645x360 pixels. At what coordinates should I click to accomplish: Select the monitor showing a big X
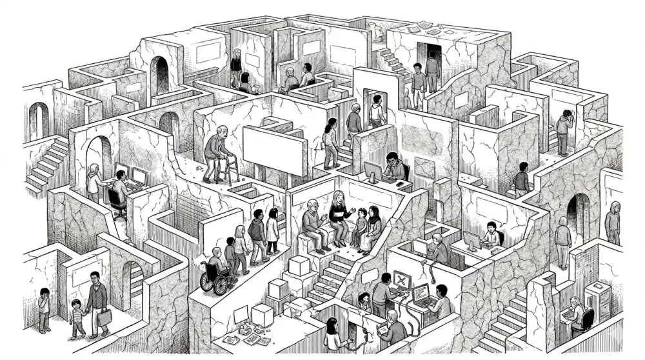[x=402, y=280]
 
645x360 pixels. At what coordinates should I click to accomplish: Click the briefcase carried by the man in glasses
[x=104, y=317]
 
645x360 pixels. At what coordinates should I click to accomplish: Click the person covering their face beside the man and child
[x=44, y=308]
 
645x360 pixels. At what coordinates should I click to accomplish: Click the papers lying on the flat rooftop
[x=426, y=28]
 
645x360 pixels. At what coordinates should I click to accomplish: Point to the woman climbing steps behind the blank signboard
[x=331, y=142]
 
